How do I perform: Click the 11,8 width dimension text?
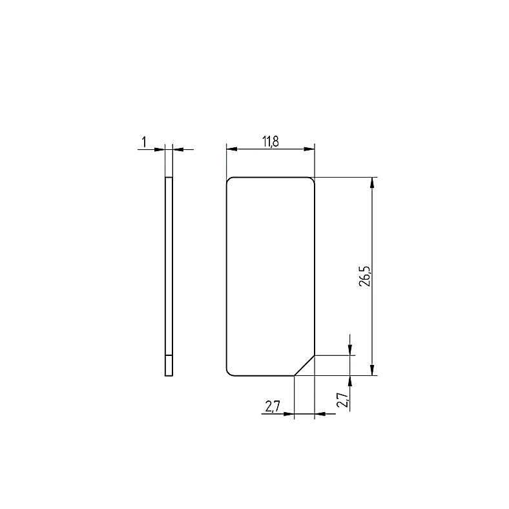point(271,141)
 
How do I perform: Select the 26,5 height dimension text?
point(364,276)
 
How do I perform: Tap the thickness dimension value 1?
point(144,142)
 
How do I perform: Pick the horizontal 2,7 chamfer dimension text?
point(273,406)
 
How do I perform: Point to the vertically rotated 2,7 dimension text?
point(342,400)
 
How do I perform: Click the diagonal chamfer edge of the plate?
point(304,366)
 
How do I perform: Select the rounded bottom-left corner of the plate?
point(229,373)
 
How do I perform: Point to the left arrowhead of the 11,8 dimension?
point(232,149)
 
